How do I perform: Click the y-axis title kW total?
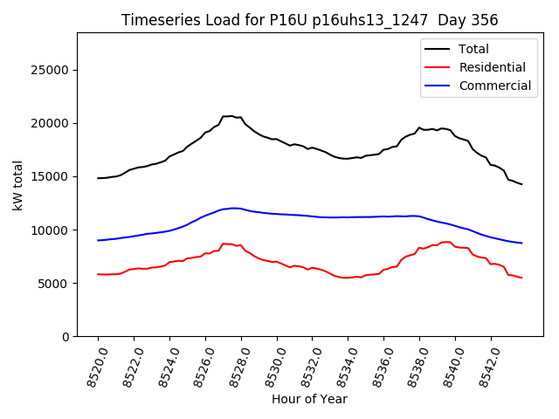(17, 184)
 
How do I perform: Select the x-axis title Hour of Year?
(309, 399)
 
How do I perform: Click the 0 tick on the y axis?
(65, 337)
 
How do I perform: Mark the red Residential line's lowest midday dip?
(347, 278)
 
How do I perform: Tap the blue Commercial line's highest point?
(234, 208)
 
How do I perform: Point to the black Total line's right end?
(521, 184)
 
